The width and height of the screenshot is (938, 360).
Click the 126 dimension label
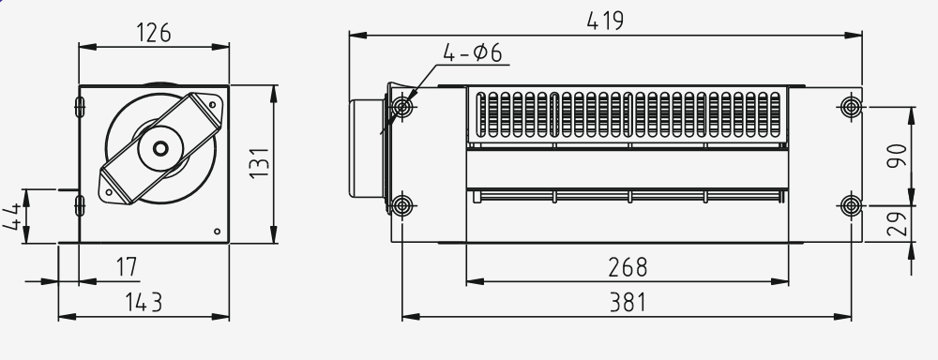tap(153, 33)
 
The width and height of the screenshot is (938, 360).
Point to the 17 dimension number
tap(126, 267)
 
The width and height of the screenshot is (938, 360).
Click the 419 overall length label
tap(605, 21)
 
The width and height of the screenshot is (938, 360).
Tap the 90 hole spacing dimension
tap(897, 156)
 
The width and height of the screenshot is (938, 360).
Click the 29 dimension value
tap(897, 223)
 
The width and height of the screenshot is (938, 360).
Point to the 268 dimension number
tap(628, 267)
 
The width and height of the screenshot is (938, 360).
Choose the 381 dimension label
tap(628, 303)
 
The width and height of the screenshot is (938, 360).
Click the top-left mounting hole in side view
tap(402, 107)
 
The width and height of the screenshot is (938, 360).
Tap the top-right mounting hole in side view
tap(851, 107)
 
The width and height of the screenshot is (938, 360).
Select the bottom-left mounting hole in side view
tap(402, 204)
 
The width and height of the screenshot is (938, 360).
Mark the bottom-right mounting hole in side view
tap(851, 204)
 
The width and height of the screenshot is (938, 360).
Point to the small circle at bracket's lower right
tap(218, 231)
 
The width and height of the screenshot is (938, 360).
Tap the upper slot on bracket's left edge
tap(79, 106)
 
